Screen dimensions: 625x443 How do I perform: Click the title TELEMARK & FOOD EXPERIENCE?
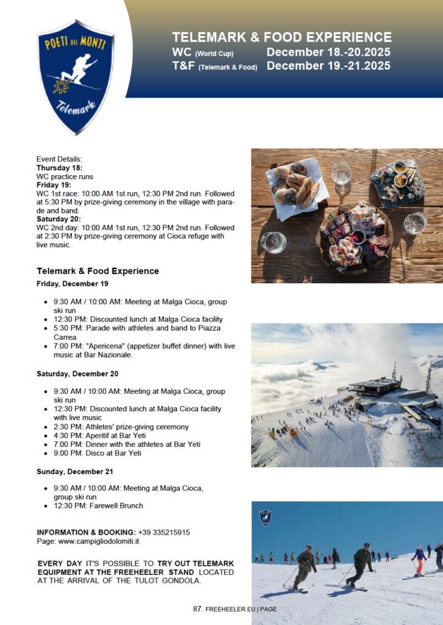281,37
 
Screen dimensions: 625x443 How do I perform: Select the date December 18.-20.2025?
328,52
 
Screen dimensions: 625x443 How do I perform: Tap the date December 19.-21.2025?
328,66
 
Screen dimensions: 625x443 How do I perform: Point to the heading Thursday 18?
59,168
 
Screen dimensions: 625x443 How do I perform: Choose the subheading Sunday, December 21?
75,472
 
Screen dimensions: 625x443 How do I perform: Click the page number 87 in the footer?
197,609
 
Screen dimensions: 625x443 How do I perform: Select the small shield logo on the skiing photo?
265,518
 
